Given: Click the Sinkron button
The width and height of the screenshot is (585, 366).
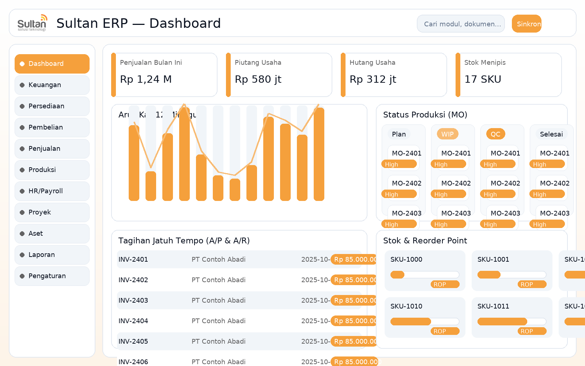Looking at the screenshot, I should pos(526,24).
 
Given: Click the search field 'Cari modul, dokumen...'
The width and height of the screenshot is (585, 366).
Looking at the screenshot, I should pos(461,24).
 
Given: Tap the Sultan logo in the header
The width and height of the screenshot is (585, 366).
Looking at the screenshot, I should pos(32,23).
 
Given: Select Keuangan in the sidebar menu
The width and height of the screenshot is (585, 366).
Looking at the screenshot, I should pos(52,85).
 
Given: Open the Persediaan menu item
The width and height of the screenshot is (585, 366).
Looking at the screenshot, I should pos(52,106).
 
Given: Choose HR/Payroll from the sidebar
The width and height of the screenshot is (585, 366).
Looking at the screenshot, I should pos(52,191).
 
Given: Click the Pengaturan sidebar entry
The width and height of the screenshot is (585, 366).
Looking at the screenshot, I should pos(52,276).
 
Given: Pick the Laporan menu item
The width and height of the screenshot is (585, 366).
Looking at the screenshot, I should pos(52,255).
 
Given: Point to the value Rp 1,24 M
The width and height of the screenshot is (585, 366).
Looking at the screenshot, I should pos(146,79).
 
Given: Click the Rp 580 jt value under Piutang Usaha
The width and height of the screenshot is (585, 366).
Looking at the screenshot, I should pos(258,79).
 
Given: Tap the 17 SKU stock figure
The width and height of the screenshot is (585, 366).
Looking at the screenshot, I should pos(483,79).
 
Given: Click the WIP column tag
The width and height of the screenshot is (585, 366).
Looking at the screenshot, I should pos(447,134).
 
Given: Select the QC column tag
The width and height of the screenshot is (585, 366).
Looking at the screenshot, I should pos(495,134).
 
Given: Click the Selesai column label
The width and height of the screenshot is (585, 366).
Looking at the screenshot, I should pos(551,134).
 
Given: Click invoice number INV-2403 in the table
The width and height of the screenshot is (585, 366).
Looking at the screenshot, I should pos(133,300).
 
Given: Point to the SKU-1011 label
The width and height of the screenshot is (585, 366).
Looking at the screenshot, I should pos(493,306).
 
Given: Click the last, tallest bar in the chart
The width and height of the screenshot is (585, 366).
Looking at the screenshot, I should pos(319,154).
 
